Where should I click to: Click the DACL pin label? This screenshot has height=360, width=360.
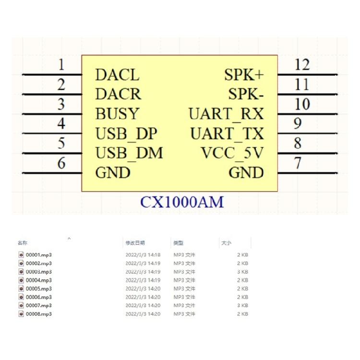pyautogui.click(x=117, y=75)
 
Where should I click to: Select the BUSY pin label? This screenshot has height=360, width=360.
pyautogui.click(x=117, y=114)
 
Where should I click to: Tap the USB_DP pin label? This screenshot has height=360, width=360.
pyautogui.click(x=126, y=134)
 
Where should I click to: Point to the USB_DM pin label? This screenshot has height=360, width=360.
pyautogui.click(x=129, y=153)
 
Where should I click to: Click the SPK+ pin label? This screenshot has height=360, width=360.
pyautogui.click(x=244, y=75)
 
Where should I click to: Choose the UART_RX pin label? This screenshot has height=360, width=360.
pyautogui.click(x=227, y=114)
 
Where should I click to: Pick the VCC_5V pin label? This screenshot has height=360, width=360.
pyautogui.click(x=232, y=153)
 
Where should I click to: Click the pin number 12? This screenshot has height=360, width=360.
pyautogui.click(x=302, y=64)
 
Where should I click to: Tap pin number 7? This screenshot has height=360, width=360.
pyautogui.click(x=298, y=163)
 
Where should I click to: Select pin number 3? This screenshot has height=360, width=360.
pyautogui.click(x=61, y=104)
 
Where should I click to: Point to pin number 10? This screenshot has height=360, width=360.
pyautogui.click(x=302, y=104)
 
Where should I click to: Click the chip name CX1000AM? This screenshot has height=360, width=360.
pyautogui.click(x=182, y=202)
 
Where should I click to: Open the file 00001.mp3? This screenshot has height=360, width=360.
pyautogui.click(x=38, y=255)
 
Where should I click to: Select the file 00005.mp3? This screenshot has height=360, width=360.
pyautogui.click(x=38, y=288)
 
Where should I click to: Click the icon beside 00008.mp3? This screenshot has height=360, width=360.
pyautogui.click(x=21, y=313)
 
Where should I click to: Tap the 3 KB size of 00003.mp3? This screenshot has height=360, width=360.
pyautogui.click(x=242, y=272)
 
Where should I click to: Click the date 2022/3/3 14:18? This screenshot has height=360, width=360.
pyautogui.click(x=143, y=255)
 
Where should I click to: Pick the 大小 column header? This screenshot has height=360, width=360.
pyautogui.click(x=226, y=243)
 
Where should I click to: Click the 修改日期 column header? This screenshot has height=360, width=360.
pyautogui.click(x=135, y=243)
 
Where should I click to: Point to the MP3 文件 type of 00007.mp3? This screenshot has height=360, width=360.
pyautogui.click(x=184, y=305)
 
